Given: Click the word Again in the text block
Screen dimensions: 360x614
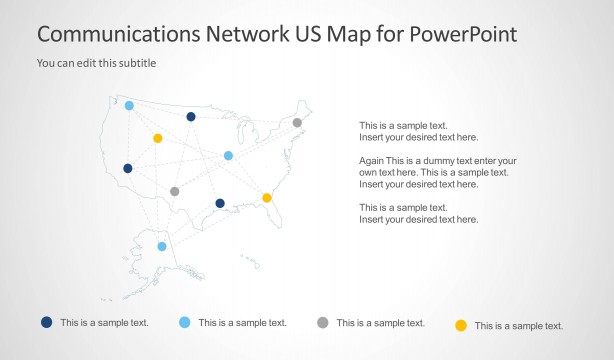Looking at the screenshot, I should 372,161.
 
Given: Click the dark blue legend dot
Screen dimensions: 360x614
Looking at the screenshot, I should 46,322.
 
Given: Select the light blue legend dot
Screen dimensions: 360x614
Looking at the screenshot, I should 184,322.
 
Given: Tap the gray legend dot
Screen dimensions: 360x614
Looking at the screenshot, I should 322,322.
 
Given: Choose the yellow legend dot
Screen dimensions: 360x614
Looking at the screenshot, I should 461,325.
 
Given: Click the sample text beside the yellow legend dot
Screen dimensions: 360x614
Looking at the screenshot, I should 518,326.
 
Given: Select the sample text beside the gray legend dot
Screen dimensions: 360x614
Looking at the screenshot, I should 380,323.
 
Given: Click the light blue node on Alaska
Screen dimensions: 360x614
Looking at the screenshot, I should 162,246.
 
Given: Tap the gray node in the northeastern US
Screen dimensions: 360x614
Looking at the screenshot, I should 297,123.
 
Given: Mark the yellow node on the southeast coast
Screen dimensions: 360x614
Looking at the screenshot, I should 267,198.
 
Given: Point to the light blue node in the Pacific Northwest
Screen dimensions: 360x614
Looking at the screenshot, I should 129,105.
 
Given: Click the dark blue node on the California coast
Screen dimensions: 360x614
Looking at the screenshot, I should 128,168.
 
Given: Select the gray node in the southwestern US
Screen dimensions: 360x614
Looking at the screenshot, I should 175,191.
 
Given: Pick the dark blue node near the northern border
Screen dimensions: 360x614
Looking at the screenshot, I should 191,116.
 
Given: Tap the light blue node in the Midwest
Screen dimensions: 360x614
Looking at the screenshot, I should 229,155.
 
